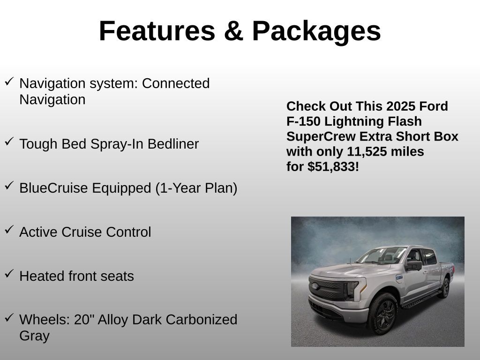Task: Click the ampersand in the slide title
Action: [233, 30]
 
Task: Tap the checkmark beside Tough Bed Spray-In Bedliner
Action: [9, 141]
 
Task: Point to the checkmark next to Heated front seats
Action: [9, 273]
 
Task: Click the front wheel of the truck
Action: [382, 313]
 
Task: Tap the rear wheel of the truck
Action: [445, 288]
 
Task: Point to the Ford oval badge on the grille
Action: [315, 286]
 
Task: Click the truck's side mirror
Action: [414, 265]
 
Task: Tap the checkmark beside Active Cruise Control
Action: [9, 229]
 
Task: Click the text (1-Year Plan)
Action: [196, 188]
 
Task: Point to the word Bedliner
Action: [173, 144]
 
